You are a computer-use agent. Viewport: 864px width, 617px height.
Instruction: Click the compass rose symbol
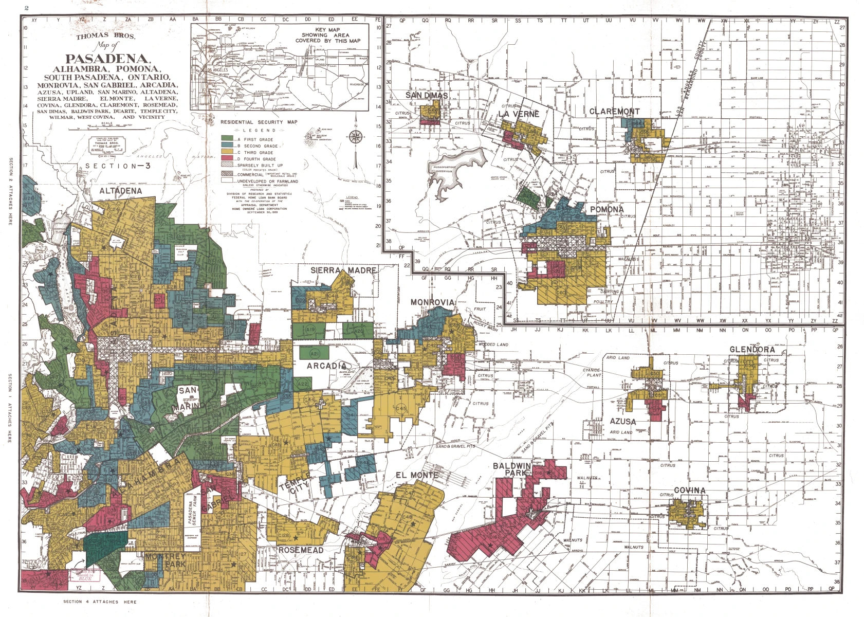coord(356,136)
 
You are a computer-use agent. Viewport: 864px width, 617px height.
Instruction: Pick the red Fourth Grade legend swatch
coord(227,159)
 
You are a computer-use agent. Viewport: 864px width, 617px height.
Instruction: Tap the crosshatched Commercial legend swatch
coord(227,174)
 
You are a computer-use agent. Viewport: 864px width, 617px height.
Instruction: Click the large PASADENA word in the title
coord(107,59)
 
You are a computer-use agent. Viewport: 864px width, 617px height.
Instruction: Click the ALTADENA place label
coord(120,191)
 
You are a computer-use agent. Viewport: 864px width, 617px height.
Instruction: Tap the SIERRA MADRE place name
coord(343,270)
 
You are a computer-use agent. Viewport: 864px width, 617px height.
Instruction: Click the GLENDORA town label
coord(752,350)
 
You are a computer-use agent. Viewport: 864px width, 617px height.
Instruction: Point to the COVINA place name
coord(689,490)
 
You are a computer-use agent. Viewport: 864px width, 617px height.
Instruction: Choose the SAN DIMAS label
coord(427,95)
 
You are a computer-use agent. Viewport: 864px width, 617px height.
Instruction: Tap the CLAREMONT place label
coord(614,111)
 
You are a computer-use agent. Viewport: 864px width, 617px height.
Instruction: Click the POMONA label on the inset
coord(606,209)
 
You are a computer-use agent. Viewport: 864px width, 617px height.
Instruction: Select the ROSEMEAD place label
coord(301,550)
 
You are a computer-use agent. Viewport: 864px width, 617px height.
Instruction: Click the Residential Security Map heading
coord(259,122)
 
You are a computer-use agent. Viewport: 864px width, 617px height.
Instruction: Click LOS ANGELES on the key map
coord(216,69)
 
